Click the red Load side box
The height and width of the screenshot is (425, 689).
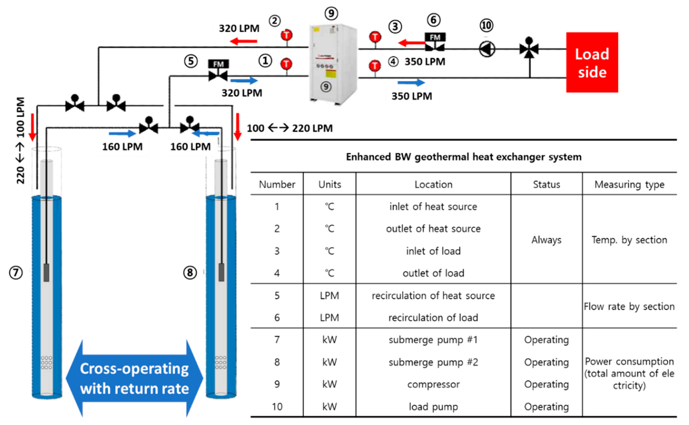(x=592, y=62)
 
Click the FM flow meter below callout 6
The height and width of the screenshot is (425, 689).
(x=435, y=42)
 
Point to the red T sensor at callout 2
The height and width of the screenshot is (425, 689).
(x=286, y=35)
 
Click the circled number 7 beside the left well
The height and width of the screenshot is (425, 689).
(x=16, y=273)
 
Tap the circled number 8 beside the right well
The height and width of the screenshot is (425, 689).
(x=190, y=273)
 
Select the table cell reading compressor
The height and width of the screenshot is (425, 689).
(x=433, y=384)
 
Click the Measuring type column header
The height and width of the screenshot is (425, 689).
(x=629, y=184)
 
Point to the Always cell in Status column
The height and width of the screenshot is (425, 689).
(x=546, y=240)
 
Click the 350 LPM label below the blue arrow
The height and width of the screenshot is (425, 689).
(x=412, y=96)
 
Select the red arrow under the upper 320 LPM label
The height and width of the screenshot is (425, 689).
(x=243, y=42)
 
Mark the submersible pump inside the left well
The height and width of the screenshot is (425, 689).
(x=46, y=272)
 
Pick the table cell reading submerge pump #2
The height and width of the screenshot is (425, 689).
(x=433, y=362)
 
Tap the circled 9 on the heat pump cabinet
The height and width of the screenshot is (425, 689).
(x=326, y=87)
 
